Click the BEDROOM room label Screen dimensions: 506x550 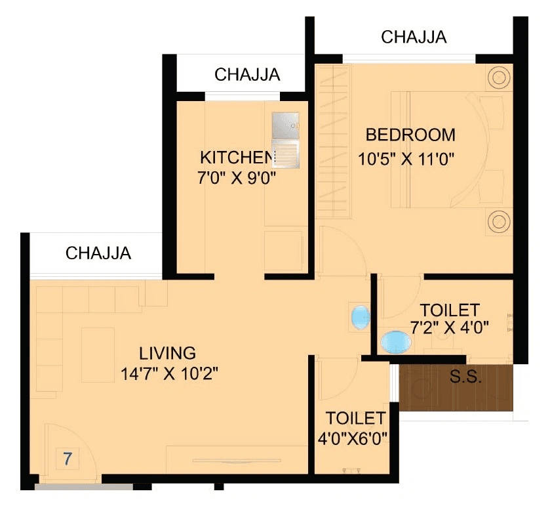[x=410, y=135]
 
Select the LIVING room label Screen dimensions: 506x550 [x=168, y=352]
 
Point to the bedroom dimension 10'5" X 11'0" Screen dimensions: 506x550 [x=406, y=158]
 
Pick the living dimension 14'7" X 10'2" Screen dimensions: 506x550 [x=169, y=375]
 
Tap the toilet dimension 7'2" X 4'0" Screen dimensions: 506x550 [x=450, y=327]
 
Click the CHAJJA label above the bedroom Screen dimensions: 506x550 [x=414, y=37]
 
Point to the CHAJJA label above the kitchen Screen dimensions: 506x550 [x=247, y=75]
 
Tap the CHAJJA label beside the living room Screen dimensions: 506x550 [x=98, y=253]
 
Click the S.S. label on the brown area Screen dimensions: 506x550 [x=466, y=378]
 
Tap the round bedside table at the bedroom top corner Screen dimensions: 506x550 [x=498, y=78]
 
